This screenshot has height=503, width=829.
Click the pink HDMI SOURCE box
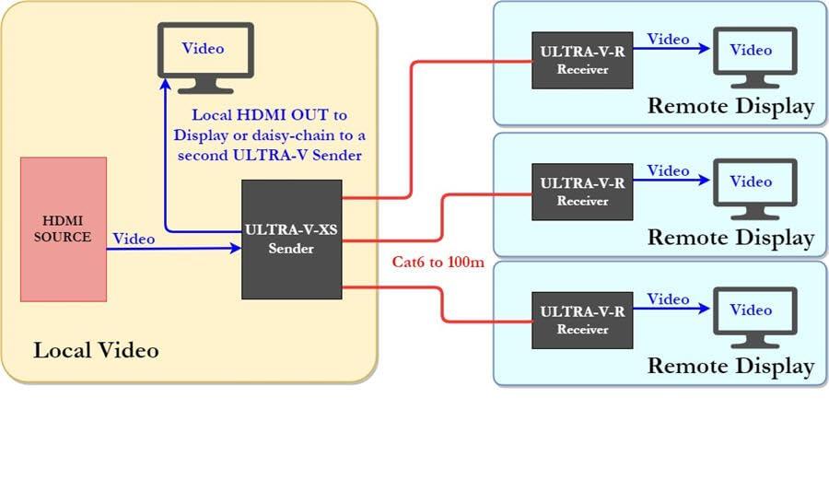point(63,229)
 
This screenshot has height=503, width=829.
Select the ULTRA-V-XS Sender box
point(291,240)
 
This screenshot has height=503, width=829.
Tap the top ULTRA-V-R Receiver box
point(582,60)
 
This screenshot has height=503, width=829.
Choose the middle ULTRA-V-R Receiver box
point(582,192)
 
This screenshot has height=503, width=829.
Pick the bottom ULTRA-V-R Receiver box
point(582,320)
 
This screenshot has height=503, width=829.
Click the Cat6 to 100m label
point(438,263)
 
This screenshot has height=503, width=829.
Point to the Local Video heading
point(96,351)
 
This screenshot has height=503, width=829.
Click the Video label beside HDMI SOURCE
point(134,239)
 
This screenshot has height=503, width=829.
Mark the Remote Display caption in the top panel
point(730,106)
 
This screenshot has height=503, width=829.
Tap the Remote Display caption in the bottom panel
point(730,366)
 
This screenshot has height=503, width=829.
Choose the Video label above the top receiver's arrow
point(668,40)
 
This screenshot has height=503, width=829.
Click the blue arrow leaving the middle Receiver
point(672,181)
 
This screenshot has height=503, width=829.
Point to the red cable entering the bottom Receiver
point(488,322)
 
